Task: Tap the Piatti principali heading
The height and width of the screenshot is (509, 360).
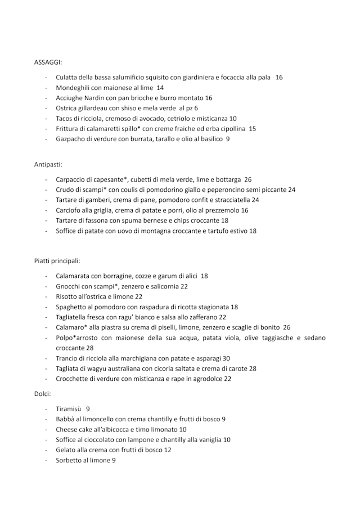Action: (57, 261)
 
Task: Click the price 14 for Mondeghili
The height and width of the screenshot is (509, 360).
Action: (160, 88)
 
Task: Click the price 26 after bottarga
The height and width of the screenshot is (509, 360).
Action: (247, 179)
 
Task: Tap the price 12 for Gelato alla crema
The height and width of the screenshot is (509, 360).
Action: (168, 449)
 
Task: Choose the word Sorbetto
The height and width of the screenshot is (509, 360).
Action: (71, 460)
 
